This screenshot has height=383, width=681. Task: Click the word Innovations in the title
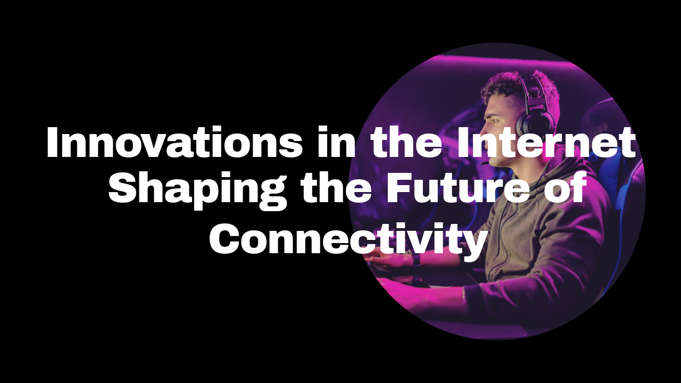click(x=175, y=142)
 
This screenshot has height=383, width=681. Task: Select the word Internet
click(x=546, y=142)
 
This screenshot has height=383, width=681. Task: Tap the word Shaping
click(x=197, y=190)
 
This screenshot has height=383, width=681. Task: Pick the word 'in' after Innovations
click(x=336, y=142)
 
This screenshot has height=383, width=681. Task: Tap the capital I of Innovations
click(x=52, y=142)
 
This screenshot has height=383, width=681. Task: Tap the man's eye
click(x=495, y=121)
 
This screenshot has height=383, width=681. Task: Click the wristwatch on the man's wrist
click(x=416, y=259)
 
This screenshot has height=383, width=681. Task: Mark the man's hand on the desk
click(x=389, y=259)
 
